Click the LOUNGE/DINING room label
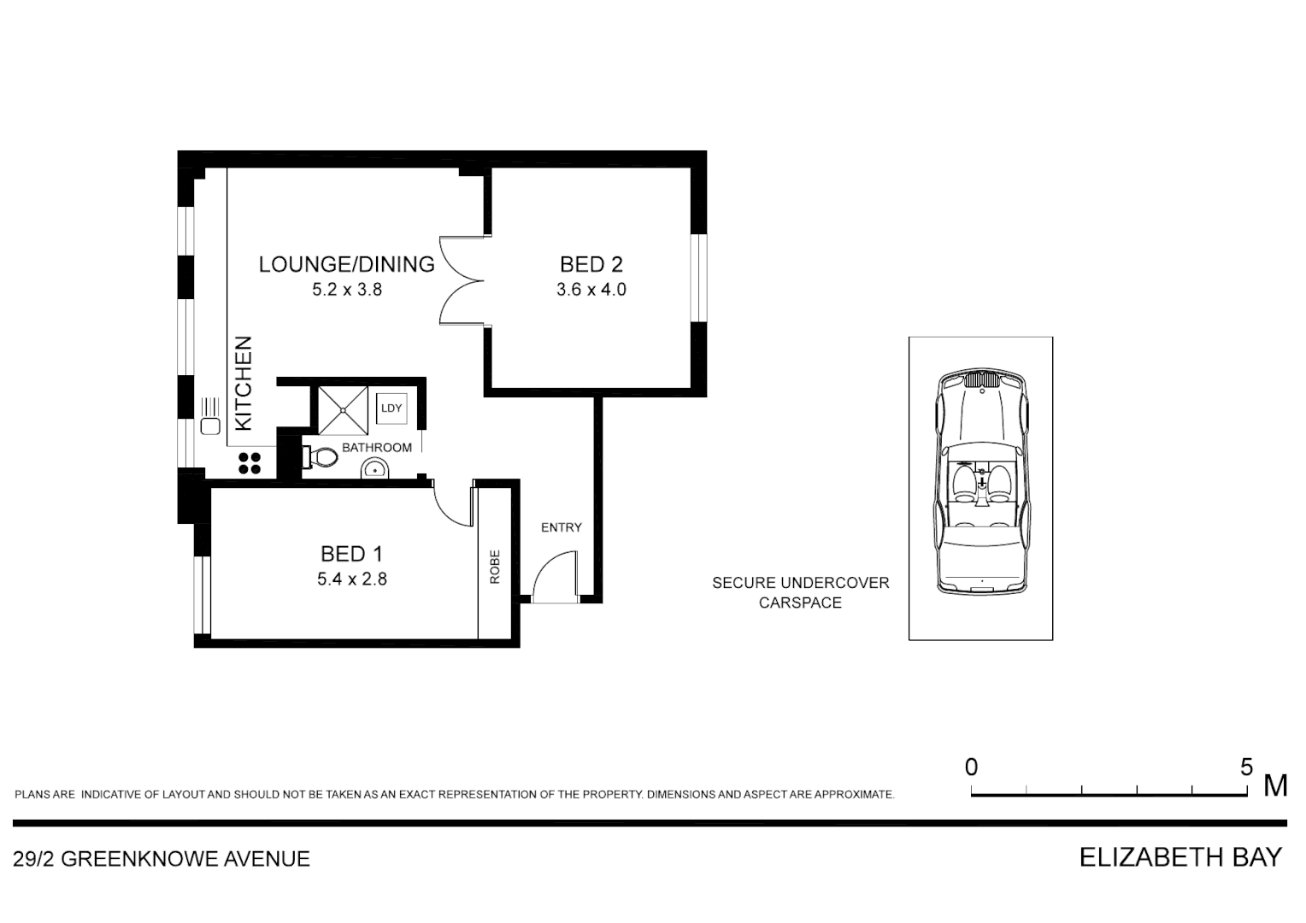point(346,264)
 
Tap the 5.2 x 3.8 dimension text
point(346,290)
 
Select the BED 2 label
point(591,264)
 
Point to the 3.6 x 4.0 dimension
point(591,290)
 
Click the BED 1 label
point(351,554)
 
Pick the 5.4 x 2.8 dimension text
point(351,579)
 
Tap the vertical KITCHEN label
point(244,383)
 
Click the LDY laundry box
point(391,408)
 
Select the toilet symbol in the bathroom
point(321,458)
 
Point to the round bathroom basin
point(374,469)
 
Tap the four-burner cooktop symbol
point(250,462)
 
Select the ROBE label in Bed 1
point(494,566)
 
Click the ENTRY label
point(561,527)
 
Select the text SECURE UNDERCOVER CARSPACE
point(800,592)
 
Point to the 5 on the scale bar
point(1246,767)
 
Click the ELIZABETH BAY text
point(1180,857)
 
